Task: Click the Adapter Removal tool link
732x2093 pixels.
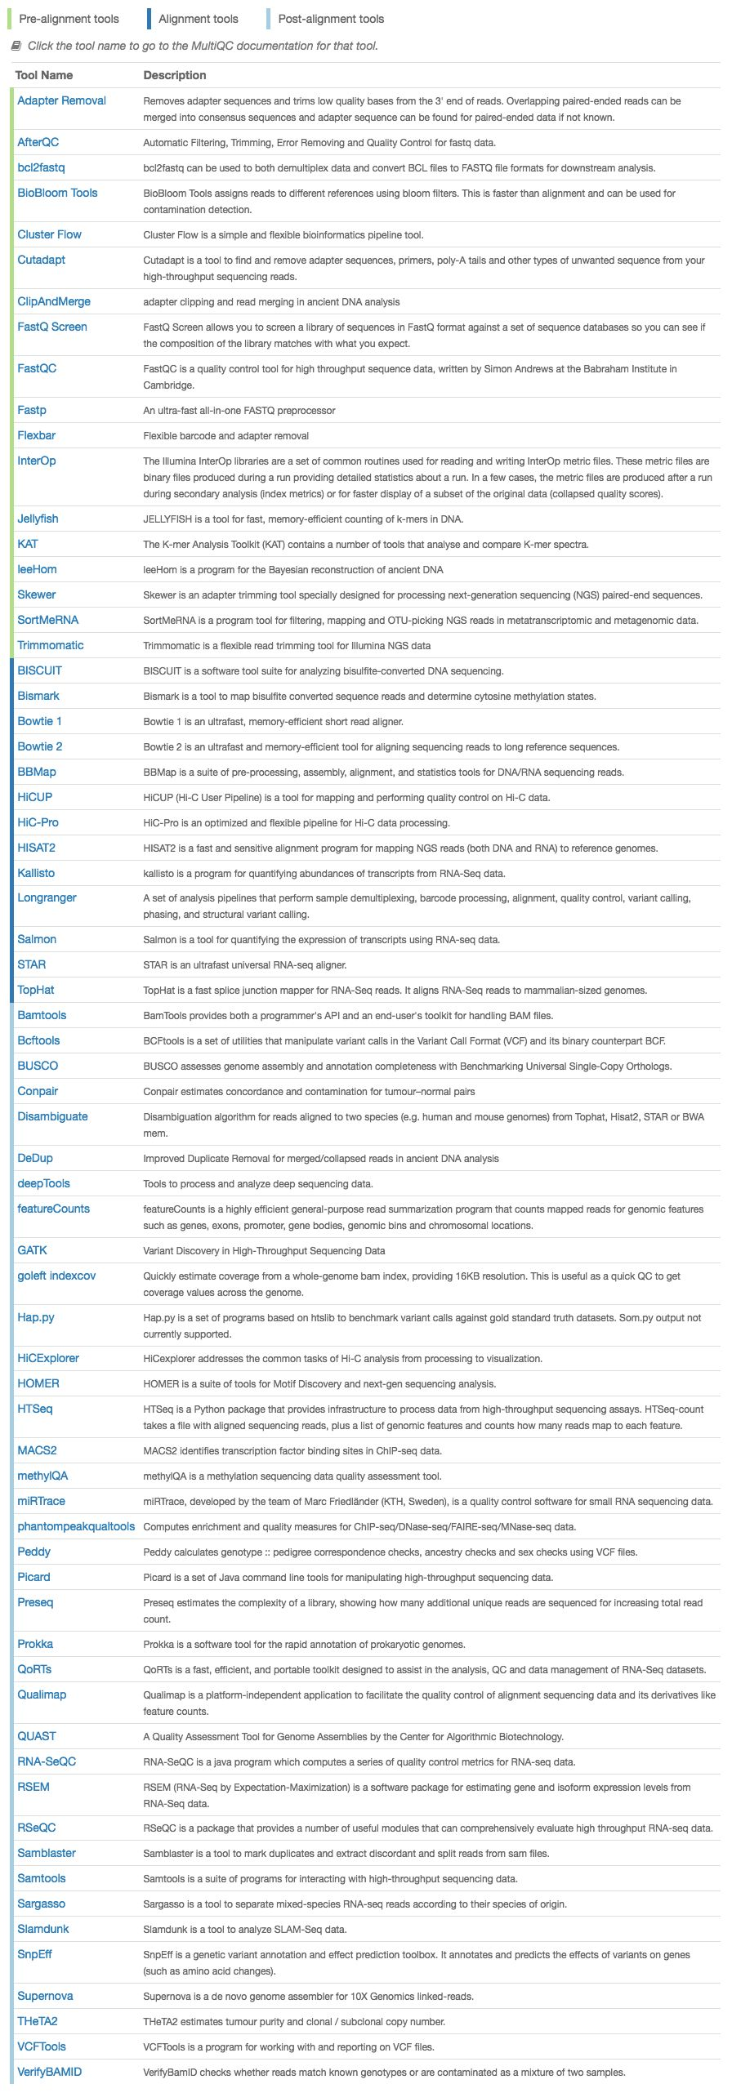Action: click(62, 100)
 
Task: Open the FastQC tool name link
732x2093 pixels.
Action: click(37, 368)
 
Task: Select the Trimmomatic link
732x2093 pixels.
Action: click(51, 645)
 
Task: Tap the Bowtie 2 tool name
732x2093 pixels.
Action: click(40, 746)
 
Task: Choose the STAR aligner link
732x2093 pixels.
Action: click(32, 964)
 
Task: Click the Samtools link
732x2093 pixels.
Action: click(42, 1878)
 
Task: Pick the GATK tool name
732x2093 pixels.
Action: click(33, 1250)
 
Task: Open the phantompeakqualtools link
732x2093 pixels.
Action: click(76, 1526)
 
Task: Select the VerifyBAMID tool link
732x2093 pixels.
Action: click(50, 2071)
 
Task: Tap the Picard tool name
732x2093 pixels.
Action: click(33, 1577)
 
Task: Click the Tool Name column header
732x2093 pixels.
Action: click(44, 75)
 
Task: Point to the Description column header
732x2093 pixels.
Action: click(175, 75)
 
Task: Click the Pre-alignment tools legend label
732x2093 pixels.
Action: click(69, 19)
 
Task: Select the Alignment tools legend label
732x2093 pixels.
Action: click(199, 19)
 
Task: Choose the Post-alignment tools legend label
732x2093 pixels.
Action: click(331, 19)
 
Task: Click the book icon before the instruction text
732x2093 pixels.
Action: click(16, 46)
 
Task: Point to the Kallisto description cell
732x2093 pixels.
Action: click(324, 874)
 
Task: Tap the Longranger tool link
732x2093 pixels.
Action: click(47, 897)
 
